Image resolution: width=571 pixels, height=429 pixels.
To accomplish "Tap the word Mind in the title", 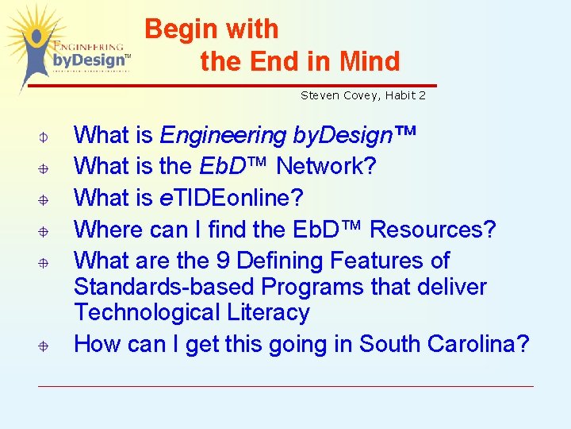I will point(370,61).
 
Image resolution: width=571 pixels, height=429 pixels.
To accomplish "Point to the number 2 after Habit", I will point(423,95).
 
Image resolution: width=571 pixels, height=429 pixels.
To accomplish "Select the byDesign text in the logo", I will point(89,60).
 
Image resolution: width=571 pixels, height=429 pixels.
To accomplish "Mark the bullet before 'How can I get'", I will point(45,346).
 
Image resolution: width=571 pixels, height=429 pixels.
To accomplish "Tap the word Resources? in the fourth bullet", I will point(433,230).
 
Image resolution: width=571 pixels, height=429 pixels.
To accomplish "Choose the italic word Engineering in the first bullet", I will point(223,136).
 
